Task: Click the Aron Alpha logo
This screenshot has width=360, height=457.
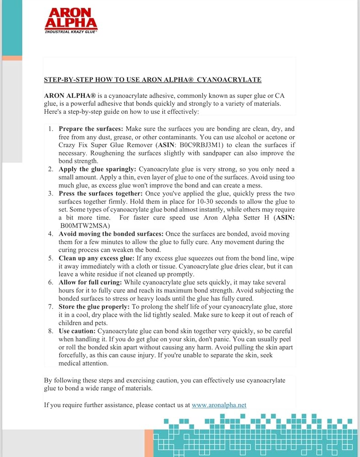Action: (x=71, y=19)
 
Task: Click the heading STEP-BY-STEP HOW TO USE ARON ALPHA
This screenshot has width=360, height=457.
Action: (x=152, y=80)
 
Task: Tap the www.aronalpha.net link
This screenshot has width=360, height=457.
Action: (x=219, y=405)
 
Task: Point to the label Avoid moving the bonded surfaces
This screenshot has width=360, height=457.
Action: (x=111, y=234)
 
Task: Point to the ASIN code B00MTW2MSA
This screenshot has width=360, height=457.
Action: (x=82, y=226)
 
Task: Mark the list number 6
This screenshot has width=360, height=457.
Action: (x=51, y=282)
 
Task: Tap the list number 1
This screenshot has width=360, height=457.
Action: (x=51, y=129)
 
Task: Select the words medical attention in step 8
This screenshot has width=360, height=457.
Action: (x=83, y=363)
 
